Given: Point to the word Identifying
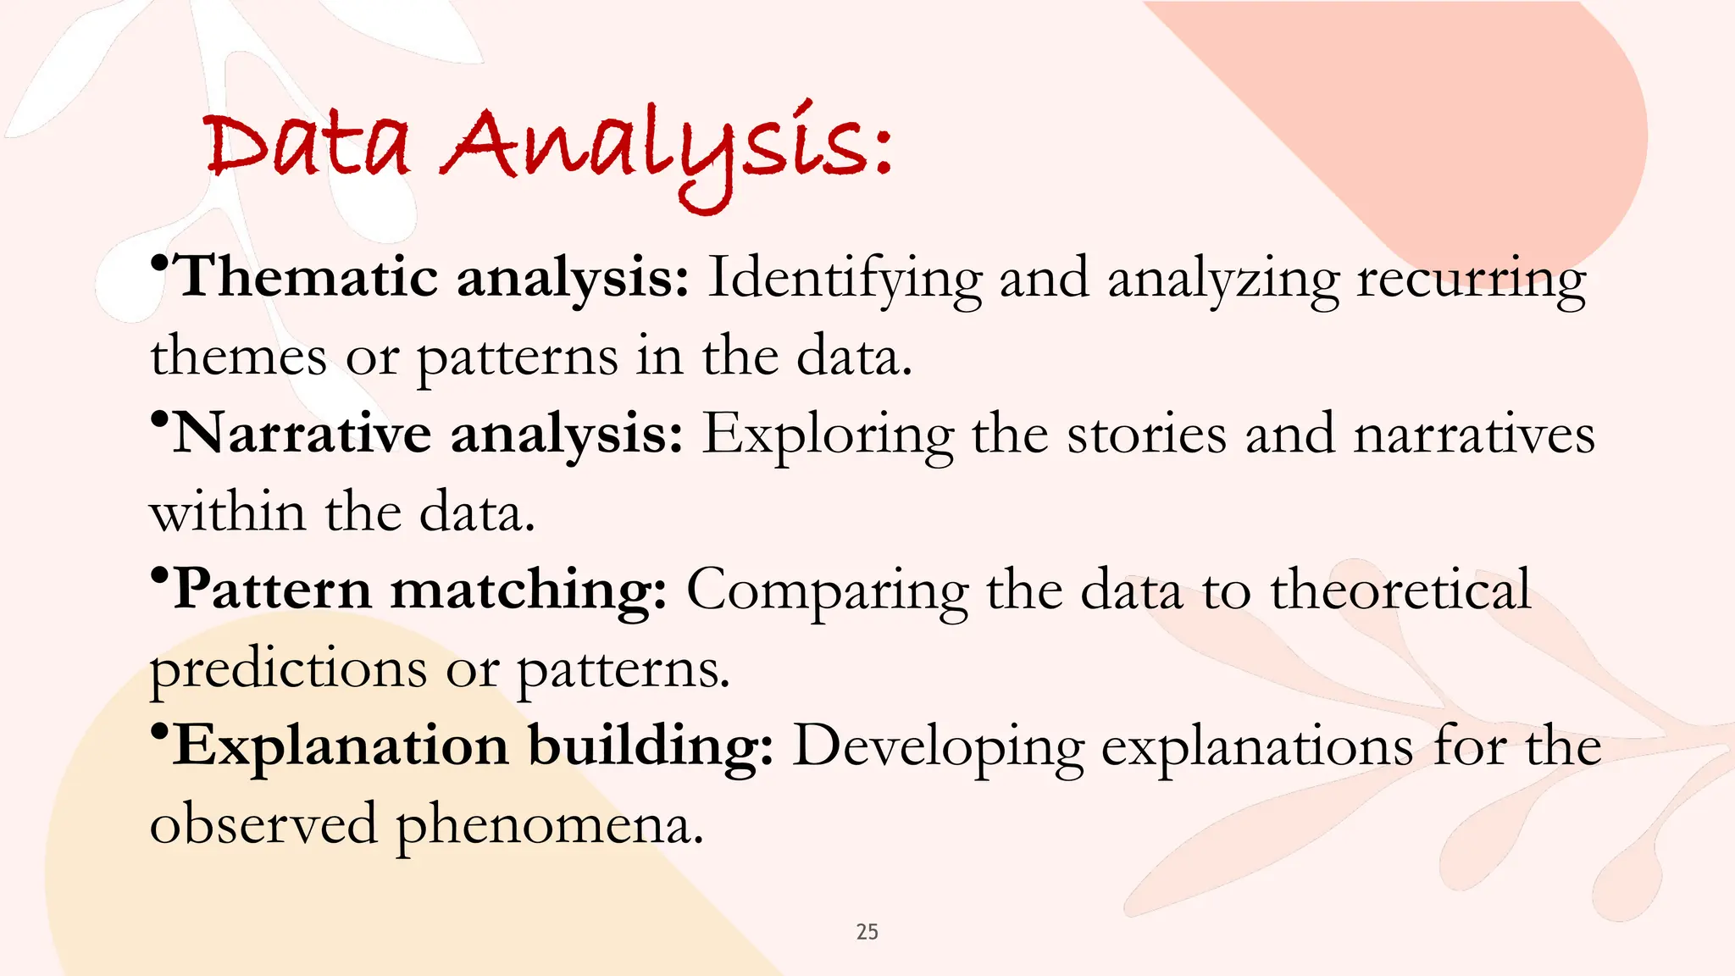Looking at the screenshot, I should coord(845,280).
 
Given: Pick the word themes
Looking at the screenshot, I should coord(238,357).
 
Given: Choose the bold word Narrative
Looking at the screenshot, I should coord(302,434).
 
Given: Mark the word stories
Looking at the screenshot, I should coord(1146,434).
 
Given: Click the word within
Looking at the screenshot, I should coord(227,512).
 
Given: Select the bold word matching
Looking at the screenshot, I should coord(528,591).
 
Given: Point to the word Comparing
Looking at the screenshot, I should coord(827,591).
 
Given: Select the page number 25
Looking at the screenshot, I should coord(867,932).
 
